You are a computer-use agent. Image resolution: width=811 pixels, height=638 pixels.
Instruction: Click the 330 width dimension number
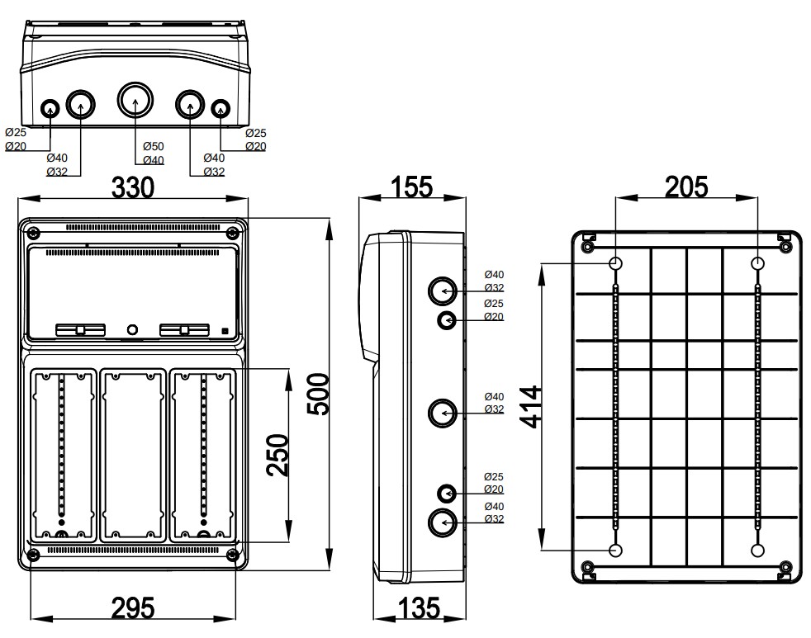133,187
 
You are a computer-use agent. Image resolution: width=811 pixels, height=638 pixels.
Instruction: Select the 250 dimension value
278,454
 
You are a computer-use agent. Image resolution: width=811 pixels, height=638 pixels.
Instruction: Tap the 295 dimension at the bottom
133,608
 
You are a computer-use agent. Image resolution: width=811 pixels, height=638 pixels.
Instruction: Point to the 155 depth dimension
410,187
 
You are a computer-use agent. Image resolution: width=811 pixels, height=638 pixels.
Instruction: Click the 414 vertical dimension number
532,406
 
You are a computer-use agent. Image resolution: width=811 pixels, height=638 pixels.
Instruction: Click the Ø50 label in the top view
153,146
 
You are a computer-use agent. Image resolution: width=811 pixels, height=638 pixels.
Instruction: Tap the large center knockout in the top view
134,102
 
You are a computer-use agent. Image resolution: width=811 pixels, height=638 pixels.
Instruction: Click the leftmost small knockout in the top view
50,107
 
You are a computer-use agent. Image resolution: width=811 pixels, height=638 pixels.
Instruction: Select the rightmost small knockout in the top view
221,107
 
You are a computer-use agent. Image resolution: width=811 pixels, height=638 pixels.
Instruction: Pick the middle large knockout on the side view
443,412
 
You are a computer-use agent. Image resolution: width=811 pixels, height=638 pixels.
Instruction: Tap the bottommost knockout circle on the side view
443,522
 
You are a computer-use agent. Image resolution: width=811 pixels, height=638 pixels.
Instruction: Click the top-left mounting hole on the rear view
616,263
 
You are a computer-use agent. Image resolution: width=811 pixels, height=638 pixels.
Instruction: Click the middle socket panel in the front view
133,455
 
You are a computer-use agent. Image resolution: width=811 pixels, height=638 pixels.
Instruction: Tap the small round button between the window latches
132,330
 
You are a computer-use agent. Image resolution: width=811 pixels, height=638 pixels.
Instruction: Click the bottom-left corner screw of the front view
33,554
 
